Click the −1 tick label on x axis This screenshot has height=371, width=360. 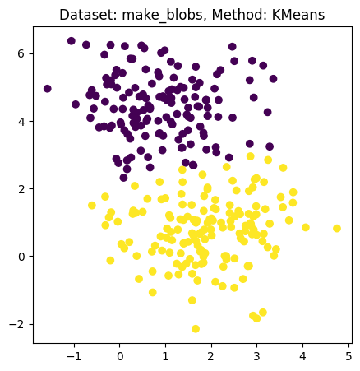74,355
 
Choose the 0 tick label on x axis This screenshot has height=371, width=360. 120,355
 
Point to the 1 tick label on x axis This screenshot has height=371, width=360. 165,355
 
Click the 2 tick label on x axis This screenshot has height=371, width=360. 211,355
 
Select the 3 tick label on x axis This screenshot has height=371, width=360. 256,355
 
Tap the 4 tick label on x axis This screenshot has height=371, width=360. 302,355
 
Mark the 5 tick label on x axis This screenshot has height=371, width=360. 348,355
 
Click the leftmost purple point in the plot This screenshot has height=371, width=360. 48,89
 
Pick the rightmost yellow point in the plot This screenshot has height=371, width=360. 336,229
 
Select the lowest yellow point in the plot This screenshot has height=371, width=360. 196,329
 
